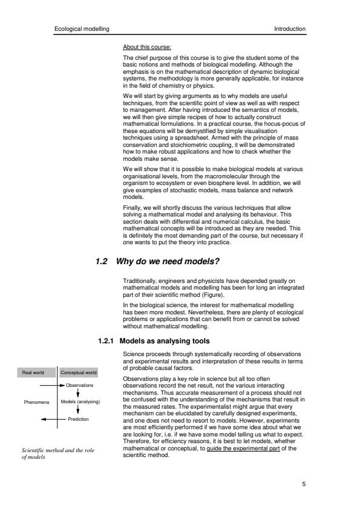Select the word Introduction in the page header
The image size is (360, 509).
coord(290,28)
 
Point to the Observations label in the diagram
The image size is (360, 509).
coord(80,384)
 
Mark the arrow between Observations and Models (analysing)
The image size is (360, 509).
coord(78,392)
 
